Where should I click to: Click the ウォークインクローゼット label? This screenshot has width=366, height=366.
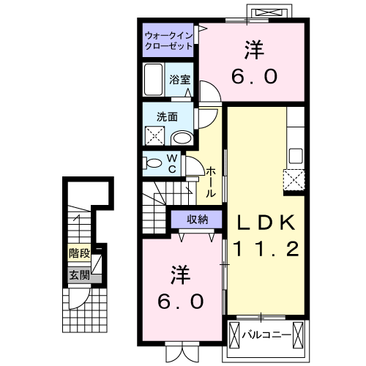click(x=168, y=40)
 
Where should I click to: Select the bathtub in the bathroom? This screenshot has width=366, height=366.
click(x=154, y=79)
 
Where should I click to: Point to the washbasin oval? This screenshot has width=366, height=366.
click(x=181, y=138)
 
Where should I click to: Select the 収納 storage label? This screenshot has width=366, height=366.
click(x=196, y=219)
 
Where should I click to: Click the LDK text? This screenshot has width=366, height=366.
click(x=266, y=221)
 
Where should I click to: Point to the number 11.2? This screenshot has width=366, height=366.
click(x=266, y=250)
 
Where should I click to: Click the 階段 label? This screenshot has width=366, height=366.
click(x=79, y=255)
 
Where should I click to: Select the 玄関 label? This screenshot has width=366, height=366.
click(x=79, y=275)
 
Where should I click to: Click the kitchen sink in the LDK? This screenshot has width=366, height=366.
click(x=296, y=155)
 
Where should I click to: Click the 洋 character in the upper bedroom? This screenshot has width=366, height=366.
click(x=253, y=51)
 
